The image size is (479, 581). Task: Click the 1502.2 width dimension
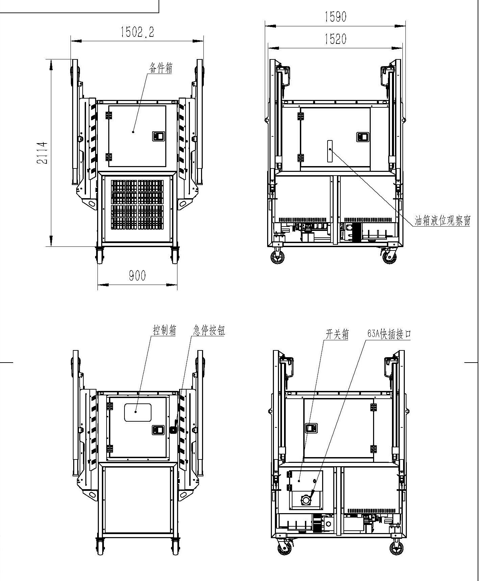[137, 32]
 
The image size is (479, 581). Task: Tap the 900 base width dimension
[137, 275]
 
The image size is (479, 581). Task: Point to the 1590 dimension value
[336, 17]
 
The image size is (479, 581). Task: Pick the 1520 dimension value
[336, 39]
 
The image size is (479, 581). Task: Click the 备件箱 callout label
[161, 68]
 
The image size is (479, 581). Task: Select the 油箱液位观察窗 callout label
[442, 221]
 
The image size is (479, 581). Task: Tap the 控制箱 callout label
[165, 330]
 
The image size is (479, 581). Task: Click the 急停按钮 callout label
[209, 330]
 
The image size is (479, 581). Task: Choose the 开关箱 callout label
[337, 334]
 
